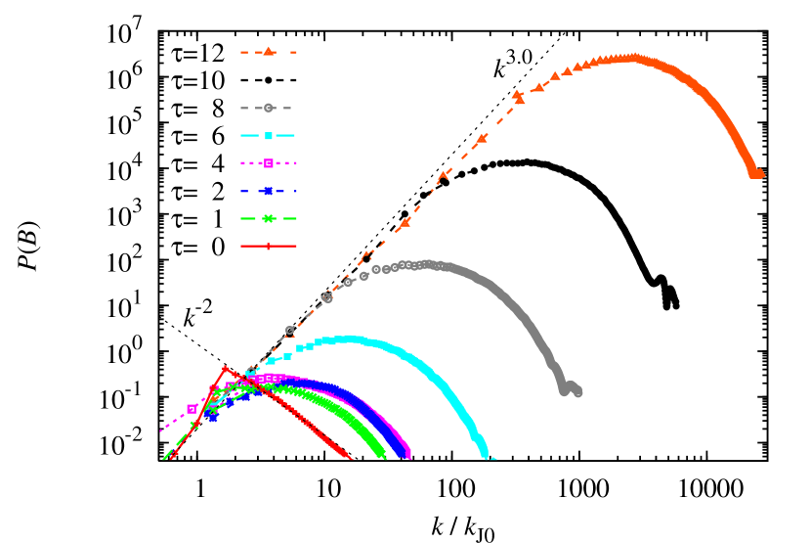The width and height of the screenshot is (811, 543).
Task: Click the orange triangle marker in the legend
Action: (269, 52)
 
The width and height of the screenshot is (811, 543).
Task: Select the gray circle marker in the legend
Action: (269, 108)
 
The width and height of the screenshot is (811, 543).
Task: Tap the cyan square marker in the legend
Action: (269, 136)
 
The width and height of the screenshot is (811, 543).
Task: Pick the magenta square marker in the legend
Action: (269, 163)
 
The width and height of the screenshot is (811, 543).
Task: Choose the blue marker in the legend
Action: (269, 191)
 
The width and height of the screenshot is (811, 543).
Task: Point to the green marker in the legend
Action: (269, 219)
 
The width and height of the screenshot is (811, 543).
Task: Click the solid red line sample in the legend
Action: (269, 247)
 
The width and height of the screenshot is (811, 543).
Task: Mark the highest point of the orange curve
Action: (632, 58)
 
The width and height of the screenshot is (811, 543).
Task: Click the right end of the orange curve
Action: (758, 174)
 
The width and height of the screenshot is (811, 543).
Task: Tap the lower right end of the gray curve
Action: (577, 392)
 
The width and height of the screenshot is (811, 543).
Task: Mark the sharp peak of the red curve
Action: (226, 368)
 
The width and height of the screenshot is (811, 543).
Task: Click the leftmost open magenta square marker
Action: (192, 409)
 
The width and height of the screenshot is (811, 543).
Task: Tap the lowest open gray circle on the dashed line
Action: (289, 331)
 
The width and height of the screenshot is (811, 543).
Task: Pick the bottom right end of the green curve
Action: (385, 457)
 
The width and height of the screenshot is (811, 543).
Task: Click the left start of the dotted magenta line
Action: (161, 430)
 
